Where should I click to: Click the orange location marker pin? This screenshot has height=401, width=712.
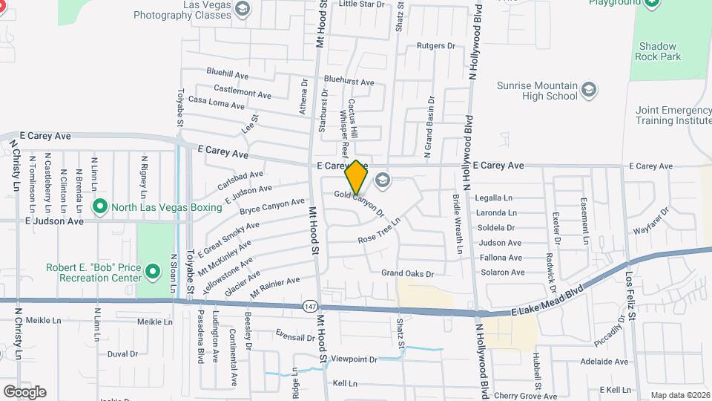(x=357, y=177)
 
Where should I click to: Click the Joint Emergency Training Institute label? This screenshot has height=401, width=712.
(x=673, y=115)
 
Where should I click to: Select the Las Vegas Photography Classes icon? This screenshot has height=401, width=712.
(x=242, y=9)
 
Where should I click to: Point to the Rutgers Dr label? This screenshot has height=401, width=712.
(x=435, y=46)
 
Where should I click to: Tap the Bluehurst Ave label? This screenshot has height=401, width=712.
(x=349, y=81)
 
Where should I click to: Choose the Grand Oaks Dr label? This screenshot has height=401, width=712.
(x=407, y=273)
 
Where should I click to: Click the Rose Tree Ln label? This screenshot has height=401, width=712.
(x=379, y=231)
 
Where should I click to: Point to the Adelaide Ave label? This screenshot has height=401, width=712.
(x=604, y=362)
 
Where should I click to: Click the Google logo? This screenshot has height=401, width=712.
(x=24, y=392)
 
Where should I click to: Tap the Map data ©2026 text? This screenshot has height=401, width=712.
(x=679, y=395)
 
